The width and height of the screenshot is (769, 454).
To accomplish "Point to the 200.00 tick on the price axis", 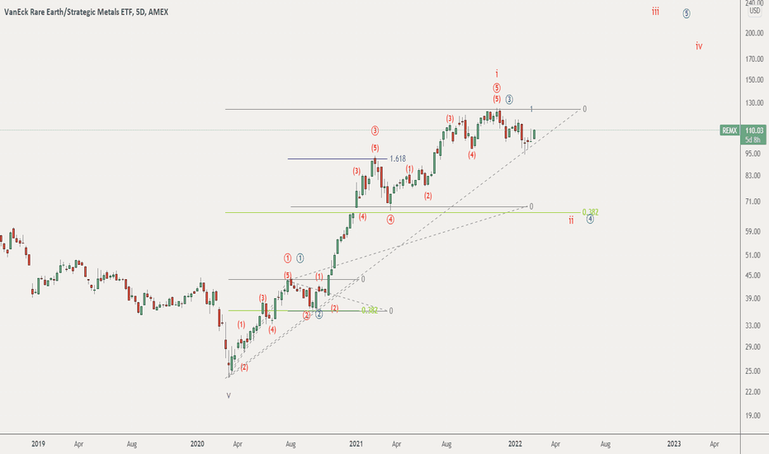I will coord(753,33).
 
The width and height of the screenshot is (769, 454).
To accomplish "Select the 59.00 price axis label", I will coord(753,231).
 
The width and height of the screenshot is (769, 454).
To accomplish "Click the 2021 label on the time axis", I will coord(356,443).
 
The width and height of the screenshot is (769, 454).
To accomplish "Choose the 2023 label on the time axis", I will coord(673,443).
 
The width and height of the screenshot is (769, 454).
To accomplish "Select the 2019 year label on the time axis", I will coord(38,443).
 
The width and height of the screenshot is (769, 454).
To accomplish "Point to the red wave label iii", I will coord(654,12).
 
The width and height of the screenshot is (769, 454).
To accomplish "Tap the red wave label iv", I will coord(698,45).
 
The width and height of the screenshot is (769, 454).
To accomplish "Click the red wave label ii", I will coord(571,220).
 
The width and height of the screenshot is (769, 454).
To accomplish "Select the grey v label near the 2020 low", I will coord(229,395).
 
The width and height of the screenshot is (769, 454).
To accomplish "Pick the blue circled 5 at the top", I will coord(686,14).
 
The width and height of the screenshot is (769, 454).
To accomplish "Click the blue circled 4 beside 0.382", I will coord(590,219).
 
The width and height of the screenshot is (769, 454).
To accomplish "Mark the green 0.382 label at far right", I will coord(589,211).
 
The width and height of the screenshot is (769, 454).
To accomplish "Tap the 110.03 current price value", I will coord(753,130).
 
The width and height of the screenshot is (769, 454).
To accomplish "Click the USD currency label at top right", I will coord(754,11).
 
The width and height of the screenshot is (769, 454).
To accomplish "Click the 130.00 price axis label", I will coord(753,102).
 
